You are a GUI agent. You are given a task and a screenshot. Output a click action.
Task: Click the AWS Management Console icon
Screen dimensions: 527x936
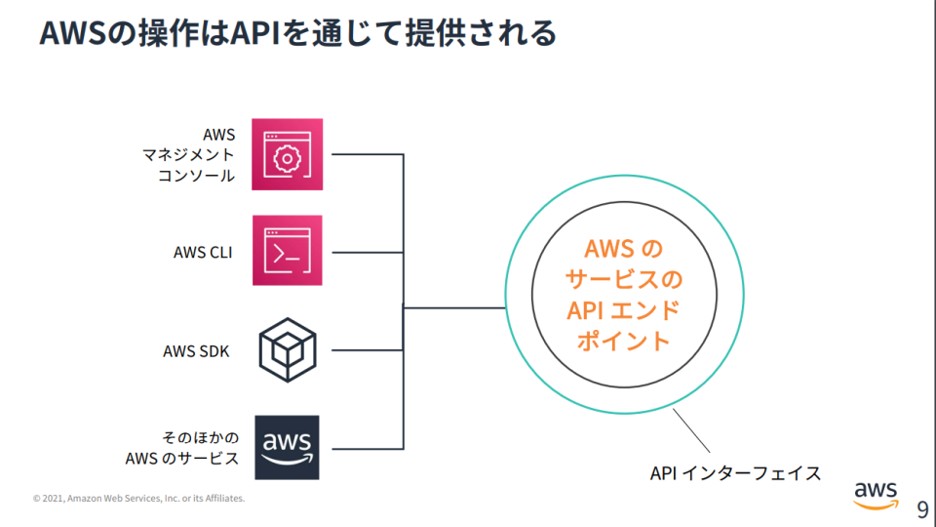pyautogui.click(x=287, y=153)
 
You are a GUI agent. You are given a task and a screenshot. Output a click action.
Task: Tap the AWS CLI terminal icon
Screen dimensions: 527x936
pyautogui.click(x=287, y=252)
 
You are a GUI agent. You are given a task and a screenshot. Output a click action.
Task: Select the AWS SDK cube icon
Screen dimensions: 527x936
pyautogui.click(x=287, y=349)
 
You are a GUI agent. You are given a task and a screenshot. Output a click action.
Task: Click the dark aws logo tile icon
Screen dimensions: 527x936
pyautogui.click(x=287, y=447)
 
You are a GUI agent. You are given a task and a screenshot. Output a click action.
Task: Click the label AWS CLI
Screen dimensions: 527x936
pyautogui.click(x=203, y=252)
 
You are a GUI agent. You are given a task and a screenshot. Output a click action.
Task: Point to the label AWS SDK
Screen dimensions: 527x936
pyautogui.click(x=196, y=350)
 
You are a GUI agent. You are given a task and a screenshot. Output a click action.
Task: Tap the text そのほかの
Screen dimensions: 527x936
pyautogui.click(x=200, y=437)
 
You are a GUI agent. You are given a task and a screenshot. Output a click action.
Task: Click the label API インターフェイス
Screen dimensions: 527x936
pyautogui.click(x=735, y=473)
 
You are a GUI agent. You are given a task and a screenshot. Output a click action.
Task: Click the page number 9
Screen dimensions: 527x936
pyautogui.click(x=921, y=509)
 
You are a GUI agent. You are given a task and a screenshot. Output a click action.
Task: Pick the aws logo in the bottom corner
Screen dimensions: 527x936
pyautogui.click(x=876, y=495)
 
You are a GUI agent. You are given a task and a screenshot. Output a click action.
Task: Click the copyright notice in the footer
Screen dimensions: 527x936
pyautogui.click(x=138, y=499)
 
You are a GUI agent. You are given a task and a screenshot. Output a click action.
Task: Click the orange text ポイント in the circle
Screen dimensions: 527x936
pyautogui.click(x=624, y=342)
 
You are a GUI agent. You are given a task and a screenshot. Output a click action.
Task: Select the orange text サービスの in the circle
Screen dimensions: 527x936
pyautogui.click(x=624, y=280)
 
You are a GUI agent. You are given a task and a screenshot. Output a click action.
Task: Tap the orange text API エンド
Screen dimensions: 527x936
pyautogui.click(x=624, y=310)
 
